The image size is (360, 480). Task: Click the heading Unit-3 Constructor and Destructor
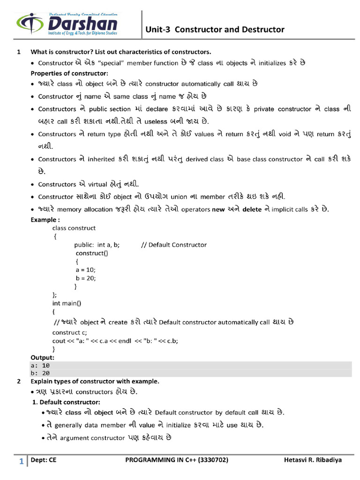[x=215, y=30]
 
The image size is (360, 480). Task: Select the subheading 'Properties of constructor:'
[x=69, y=73]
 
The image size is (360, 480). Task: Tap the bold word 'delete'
[x=252, y=210]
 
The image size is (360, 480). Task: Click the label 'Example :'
[x=45, y=219]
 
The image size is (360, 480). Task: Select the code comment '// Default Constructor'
[x=173, y=245]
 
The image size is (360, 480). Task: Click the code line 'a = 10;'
[x=85, y=270]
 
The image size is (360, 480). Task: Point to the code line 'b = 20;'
[x=85, y=278]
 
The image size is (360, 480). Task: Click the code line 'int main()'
[x=67, y=303]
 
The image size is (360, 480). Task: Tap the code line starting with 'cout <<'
[x=115, y=340]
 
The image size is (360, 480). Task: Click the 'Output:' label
[x=43, y=357]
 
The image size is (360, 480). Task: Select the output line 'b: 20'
[x=40, y=373]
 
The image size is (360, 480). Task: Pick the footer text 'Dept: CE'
[x=44, y=460]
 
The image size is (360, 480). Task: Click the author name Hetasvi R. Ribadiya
[x=313, y=460]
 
